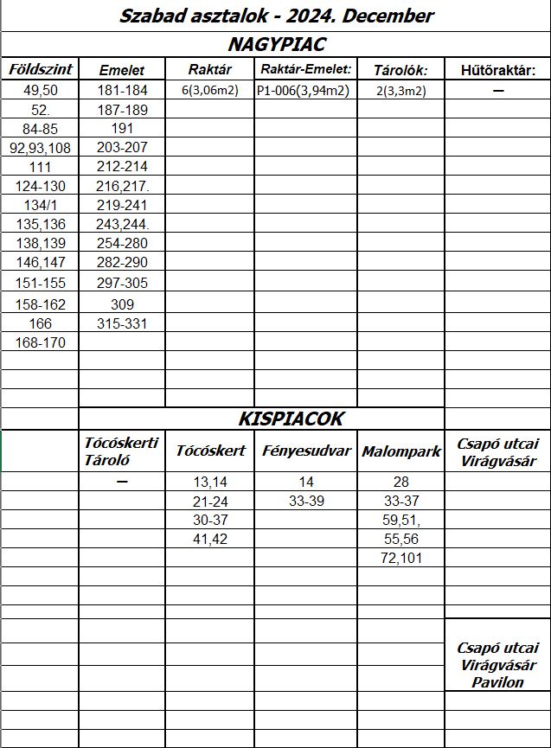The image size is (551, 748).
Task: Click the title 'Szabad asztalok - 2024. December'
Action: point(276,16)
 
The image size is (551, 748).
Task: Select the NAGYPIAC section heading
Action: point(276,44)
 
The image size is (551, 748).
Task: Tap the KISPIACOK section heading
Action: point(291,419)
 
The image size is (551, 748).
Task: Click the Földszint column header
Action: point(41,69)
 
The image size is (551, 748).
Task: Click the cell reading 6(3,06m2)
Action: point(208,90)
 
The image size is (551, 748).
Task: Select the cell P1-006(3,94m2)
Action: point(303,90)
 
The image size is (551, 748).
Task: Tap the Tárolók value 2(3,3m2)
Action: point(400,90)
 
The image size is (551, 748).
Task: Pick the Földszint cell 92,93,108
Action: point(40,148)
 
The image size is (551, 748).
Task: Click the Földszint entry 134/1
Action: point(40,205)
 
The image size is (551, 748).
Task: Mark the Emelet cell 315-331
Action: point(122,323)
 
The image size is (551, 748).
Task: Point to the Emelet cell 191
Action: point(122,129)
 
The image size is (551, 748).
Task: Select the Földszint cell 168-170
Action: point(40,342)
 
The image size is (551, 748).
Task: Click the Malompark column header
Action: point(401,451)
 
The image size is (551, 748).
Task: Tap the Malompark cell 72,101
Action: point(401,558)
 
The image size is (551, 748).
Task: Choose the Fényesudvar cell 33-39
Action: point(305,501)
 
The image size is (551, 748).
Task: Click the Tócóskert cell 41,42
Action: point(210,539)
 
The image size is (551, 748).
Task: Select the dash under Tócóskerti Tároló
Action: point(122,482)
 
